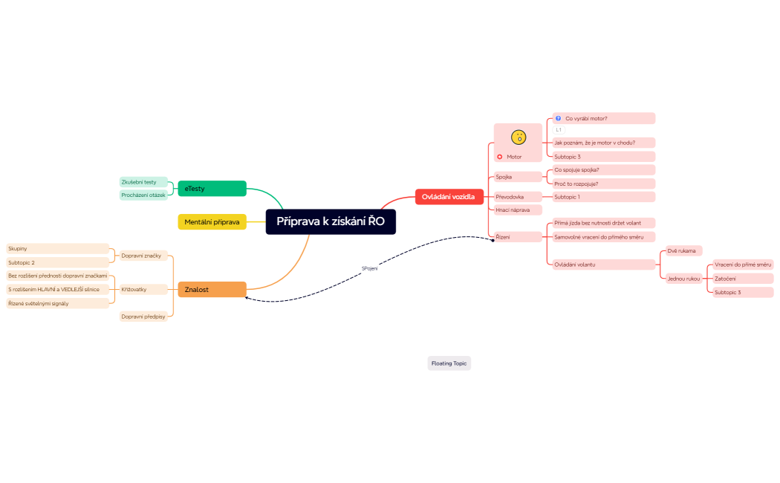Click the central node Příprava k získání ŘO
click(331, 221)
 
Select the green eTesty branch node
click(212, 189)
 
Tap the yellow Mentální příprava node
click(212, 221)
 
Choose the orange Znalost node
click(212, 289)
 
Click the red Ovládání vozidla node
click(449, 196)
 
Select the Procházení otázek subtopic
click(143, 195)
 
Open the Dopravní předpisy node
click(143, 317)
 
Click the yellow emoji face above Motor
click(519, 137)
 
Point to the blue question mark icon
click(558, 118)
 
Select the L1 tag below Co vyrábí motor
click(559, 130)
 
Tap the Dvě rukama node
click(682, 251)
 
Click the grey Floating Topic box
click(449, 363)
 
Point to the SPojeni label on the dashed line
click(369, 268)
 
